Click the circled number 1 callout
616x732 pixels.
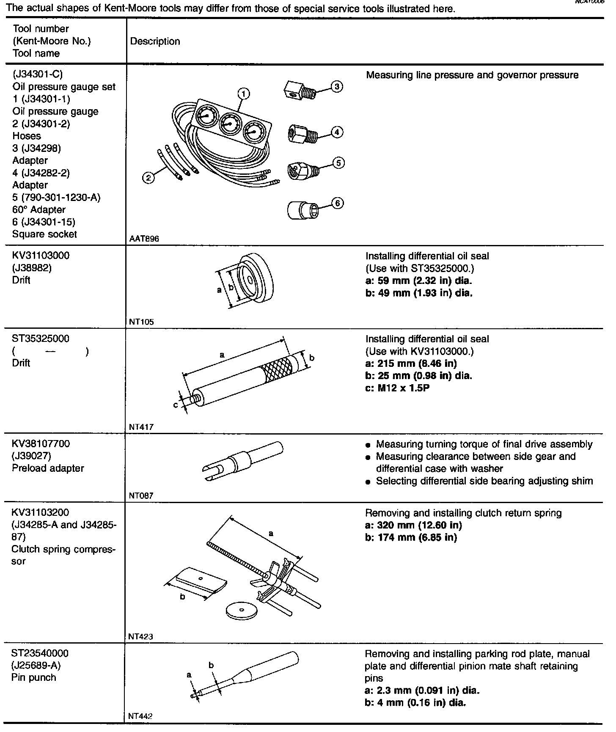coord(244,93)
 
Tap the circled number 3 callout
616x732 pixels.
coord(337,86)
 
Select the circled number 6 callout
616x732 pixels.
coord(337,204)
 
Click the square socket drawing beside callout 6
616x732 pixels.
coord(303,209)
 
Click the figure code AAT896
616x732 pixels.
coord(144,239)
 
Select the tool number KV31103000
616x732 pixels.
coord(41,256)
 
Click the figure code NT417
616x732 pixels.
coord(141,427)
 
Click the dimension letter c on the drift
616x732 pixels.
coord(176,405)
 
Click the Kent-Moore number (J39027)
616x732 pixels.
coord(32,456)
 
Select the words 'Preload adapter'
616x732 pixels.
coord(48,468)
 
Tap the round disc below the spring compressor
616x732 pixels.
coord(242,610)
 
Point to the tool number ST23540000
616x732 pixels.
coord(40,653)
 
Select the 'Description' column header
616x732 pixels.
coord(155,41)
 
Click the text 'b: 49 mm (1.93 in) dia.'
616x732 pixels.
coord(418,293)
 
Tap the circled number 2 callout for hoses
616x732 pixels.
coord(148,179)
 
